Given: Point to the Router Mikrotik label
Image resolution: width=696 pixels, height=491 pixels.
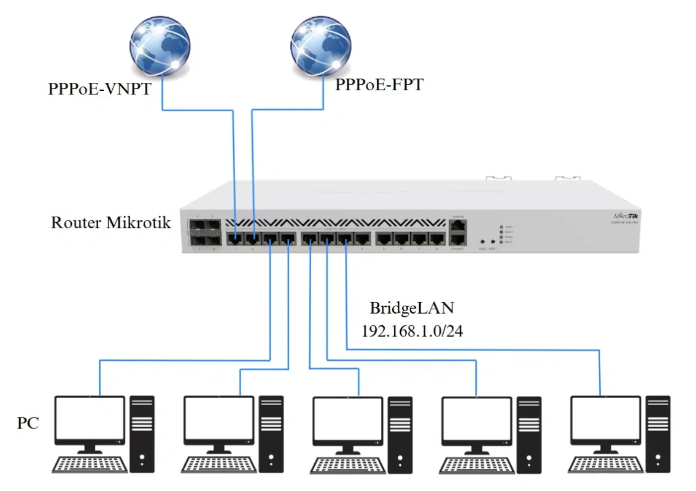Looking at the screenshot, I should [x=111, y=222].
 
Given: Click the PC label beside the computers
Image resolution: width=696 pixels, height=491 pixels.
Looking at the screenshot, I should [x=28, y=423].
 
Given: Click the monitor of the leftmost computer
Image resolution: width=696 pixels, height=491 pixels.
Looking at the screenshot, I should [x=89, y=420].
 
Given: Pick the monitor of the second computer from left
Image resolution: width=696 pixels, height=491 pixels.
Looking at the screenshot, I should [x=218, y=420].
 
